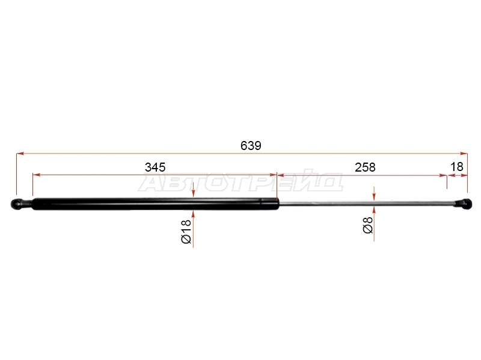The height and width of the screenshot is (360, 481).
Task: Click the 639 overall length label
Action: click(251, 146)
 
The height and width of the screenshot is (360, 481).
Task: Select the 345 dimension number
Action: click(155, 167)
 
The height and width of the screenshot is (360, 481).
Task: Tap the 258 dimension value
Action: click(365, 167)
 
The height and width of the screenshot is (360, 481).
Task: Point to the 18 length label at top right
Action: click(456, 167)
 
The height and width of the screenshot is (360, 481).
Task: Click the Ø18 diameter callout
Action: click(186, 232)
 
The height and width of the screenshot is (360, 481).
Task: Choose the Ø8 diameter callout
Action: click(367, 225)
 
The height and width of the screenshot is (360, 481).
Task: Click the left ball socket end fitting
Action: click(21, 204)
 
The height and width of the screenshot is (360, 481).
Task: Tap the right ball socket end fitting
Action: click(463, 204)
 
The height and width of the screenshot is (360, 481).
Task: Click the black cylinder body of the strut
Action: click(155, 204)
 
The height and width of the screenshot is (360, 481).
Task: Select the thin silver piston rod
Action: click(367, 203)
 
